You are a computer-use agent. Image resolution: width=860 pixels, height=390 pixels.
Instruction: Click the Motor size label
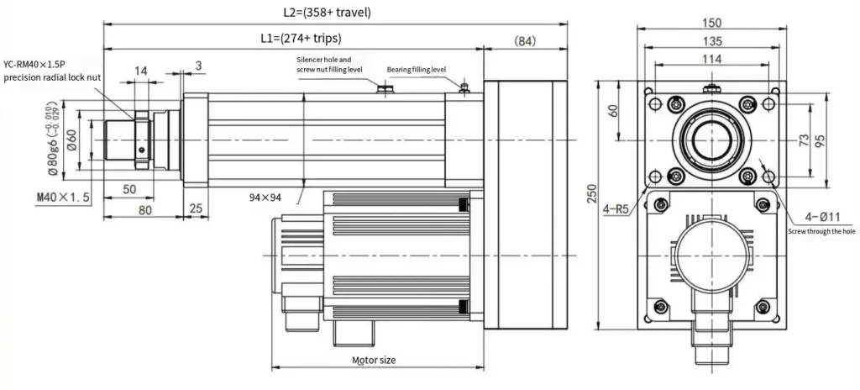374,360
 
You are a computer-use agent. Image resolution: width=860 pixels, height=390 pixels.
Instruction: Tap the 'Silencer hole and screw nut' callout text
329,65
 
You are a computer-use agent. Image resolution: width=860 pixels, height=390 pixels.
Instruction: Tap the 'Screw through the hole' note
821,231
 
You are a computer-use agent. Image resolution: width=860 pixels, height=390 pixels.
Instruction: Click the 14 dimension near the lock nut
141,72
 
